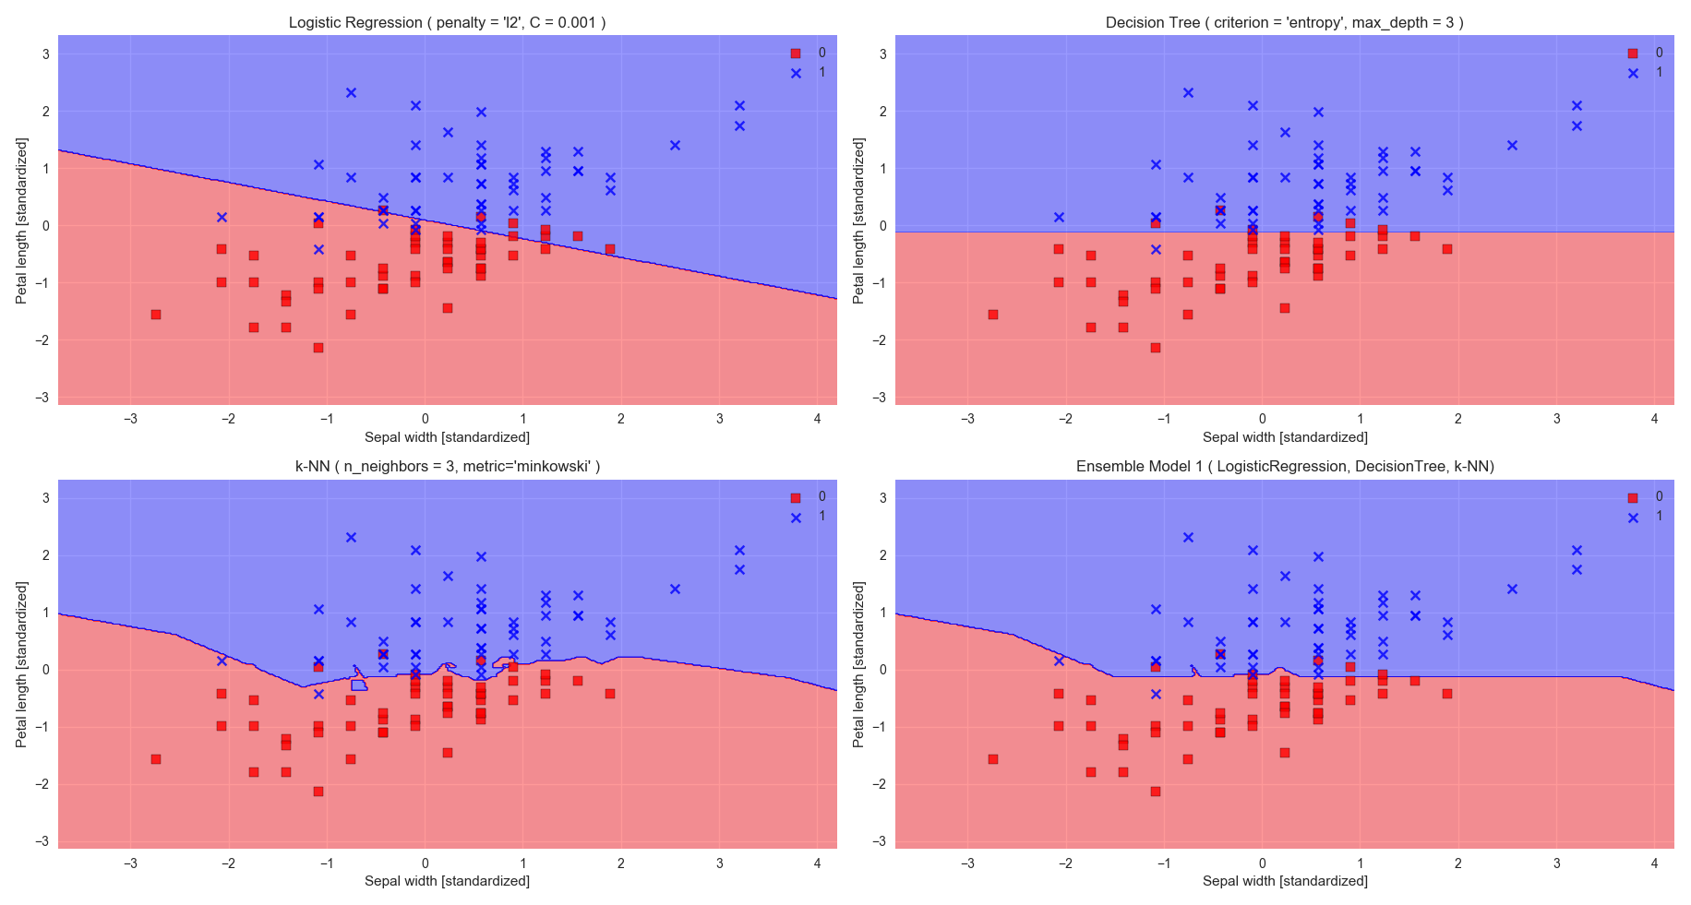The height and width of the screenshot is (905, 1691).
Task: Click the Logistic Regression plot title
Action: point(447,22)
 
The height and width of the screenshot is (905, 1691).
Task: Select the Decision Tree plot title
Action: point(1284,22)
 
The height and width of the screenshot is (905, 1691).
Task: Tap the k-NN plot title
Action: point(447,466)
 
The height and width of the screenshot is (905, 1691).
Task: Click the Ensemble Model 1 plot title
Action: point(1284,466)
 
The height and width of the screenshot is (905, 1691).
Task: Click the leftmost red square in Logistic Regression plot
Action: point(156,315)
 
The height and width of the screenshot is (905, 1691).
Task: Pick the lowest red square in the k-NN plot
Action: point(318,792)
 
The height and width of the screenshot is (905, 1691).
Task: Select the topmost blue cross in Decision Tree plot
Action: point(1188,92)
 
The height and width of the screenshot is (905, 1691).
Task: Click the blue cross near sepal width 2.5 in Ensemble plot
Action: point(1512,589)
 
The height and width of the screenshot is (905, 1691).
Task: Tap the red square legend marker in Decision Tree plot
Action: point(1633,54)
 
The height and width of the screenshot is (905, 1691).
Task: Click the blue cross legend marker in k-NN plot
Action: point(796,518)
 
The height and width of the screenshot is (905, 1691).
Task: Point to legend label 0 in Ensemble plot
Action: point(1659,496)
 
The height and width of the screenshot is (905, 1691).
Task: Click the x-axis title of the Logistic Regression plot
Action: point(447,436)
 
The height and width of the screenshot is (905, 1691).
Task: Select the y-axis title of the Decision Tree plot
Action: point(858,220)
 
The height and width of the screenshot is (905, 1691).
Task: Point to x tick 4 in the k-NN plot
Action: point(817,863)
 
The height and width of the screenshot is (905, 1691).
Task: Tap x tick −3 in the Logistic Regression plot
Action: point(130,419)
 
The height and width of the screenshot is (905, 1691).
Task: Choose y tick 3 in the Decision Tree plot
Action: point(882,54)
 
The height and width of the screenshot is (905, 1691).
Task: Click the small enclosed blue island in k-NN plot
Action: point(359,685)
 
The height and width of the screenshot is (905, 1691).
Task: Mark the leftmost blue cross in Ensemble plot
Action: point(1059,661)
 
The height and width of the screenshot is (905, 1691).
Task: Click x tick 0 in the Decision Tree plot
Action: point(1262,419)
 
